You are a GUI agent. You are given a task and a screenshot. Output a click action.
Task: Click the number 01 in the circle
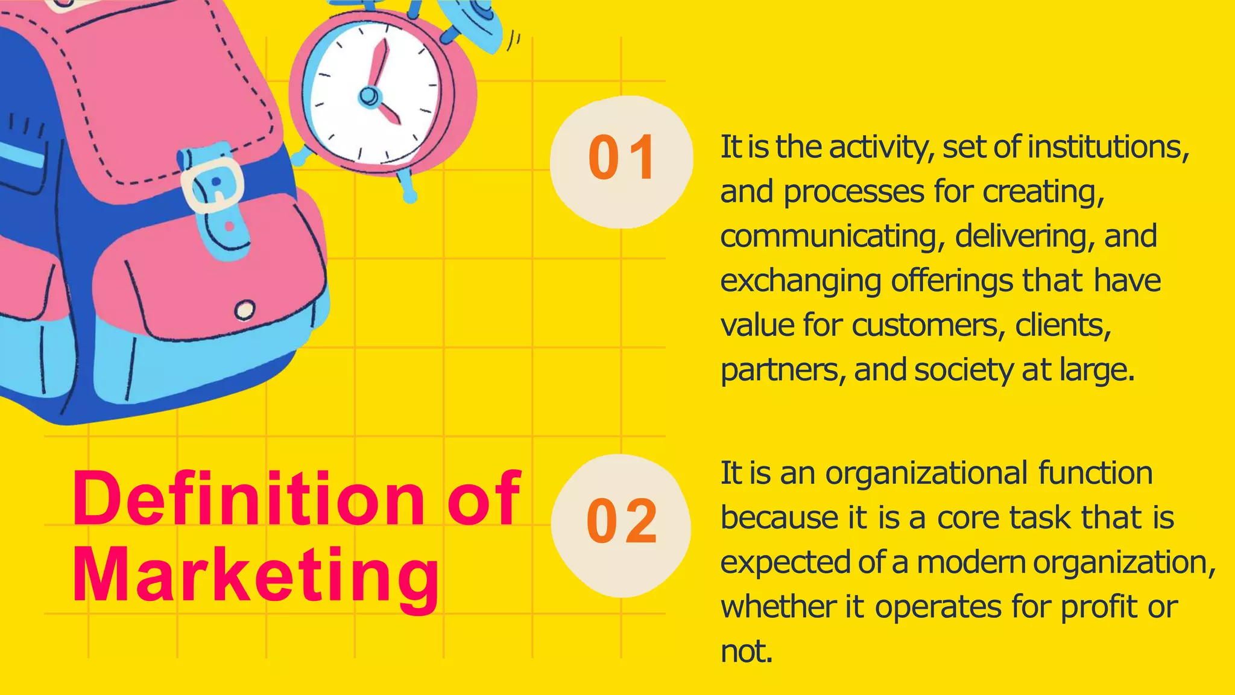[621, 158]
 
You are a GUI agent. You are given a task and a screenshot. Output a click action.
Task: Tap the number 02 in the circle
[621, 521]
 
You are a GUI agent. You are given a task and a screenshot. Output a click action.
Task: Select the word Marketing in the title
[256, 576]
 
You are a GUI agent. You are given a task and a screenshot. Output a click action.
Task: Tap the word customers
[929, 326]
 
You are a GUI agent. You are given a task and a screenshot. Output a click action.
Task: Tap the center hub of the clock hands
[369, 95]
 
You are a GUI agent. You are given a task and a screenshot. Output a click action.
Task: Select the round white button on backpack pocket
[244, 310]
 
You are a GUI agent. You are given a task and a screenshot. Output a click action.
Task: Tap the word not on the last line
[746, 652]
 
